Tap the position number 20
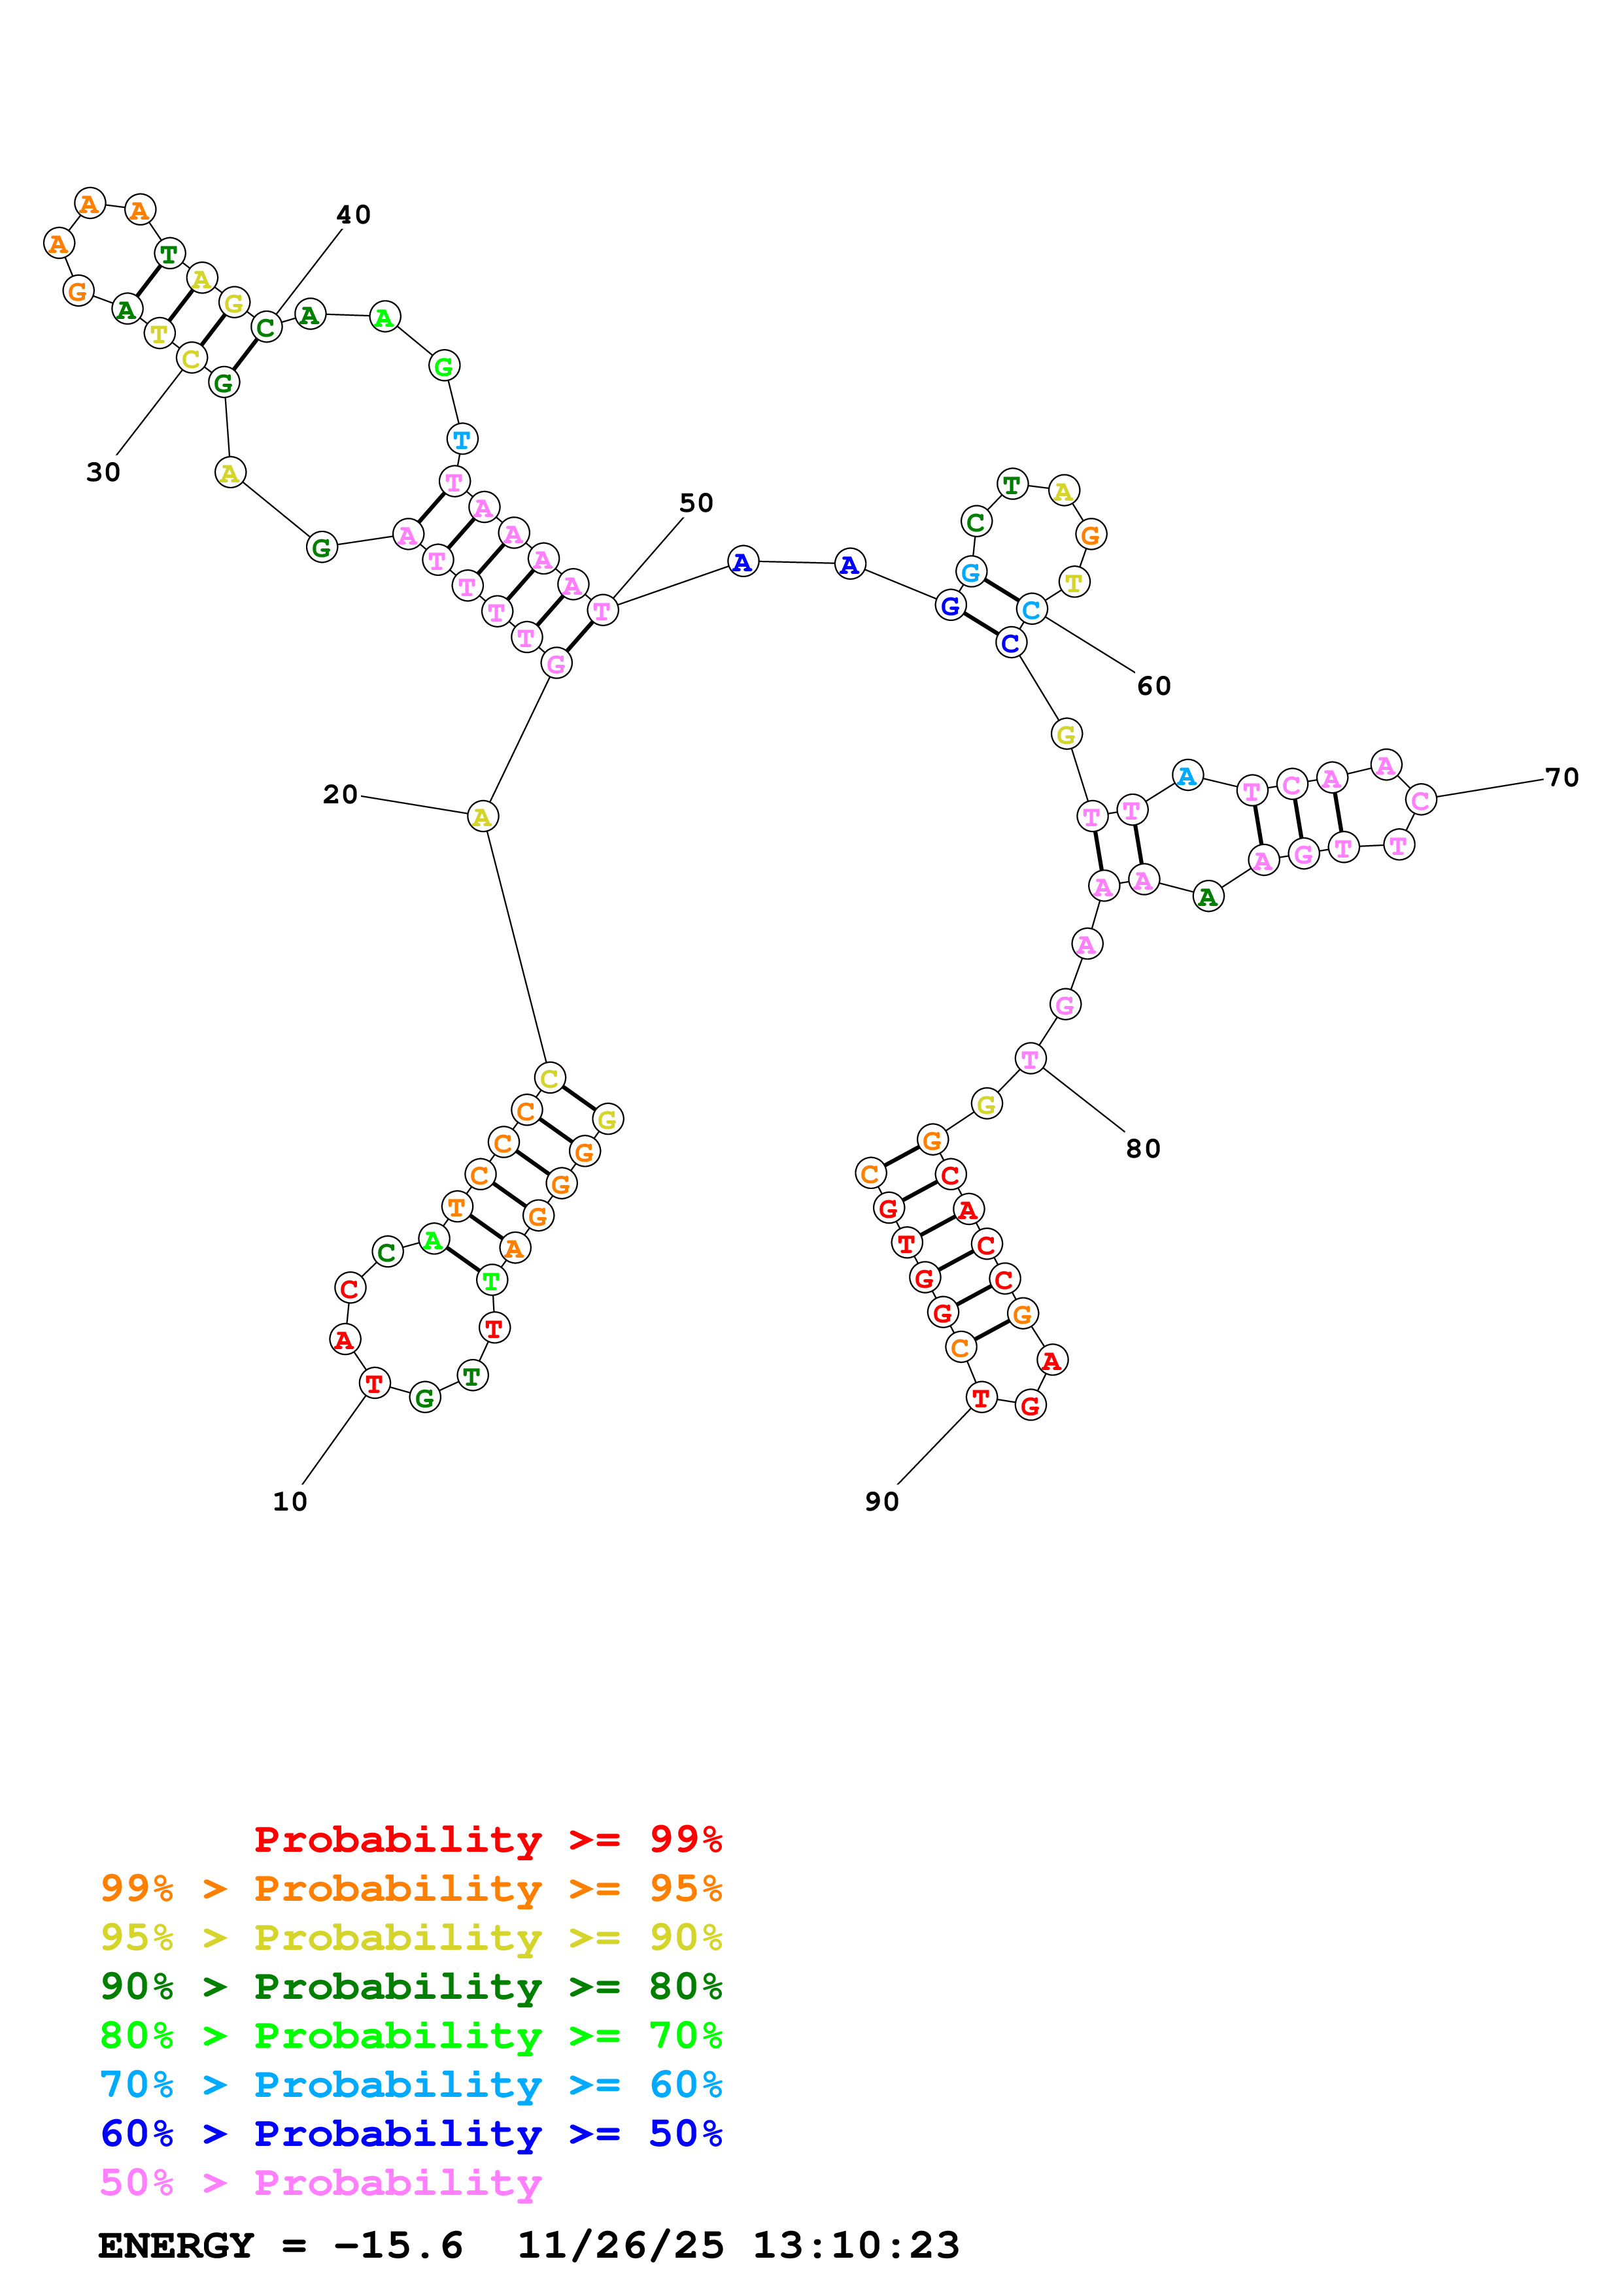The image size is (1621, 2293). [339, 795]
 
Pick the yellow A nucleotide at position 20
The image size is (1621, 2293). [483, 817]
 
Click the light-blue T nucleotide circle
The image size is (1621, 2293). [462, 439]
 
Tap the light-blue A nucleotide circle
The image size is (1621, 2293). [1187, 775]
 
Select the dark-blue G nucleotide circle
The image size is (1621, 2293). [950, 605]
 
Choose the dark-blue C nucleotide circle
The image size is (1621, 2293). [1011, 643]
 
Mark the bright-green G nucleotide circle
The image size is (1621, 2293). [443, 367]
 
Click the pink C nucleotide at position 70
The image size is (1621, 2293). [1420, 800]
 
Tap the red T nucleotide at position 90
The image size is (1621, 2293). [981, 1398]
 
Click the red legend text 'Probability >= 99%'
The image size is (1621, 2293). [487, 1839]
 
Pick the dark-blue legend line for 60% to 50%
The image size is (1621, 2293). [411, 2134]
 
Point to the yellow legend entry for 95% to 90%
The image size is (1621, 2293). [411, 1937]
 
